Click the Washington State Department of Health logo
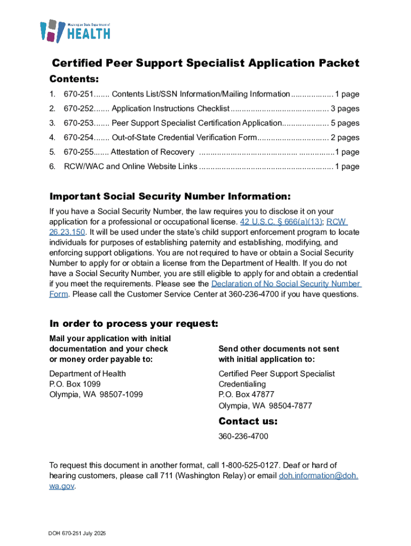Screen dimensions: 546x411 coord(75,31)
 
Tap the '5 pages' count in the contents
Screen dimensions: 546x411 coord(345,123)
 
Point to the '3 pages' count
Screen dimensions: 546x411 coord(345,109)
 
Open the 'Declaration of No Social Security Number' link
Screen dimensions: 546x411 coord(286,284)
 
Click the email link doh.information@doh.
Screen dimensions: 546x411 coord(319,476)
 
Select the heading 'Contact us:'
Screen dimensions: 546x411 coord(248,421)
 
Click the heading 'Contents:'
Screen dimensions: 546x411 coord(74,79)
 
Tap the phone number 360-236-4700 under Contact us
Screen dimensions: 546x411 coord(243,437)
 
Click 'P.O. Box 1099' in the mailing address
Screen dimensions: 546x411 coord(75,384)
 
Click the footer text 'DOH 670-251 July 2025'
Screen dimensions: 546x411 coord(76,533)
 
